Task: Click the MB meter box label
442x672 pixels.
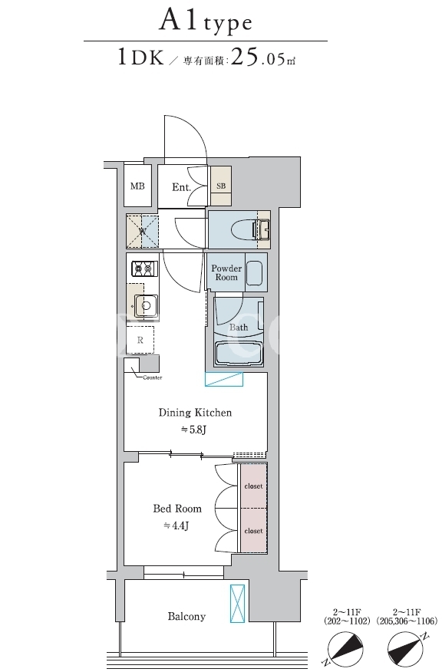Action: click(137, 186)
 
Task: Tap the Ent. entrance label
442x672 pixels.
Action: click(181, 187)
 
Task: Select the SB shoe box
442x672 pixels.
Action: click(221, 186)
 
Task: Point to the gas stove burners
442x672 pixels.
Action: click(144, 268)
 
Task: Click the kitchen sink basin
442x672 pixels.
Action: click(147, 306)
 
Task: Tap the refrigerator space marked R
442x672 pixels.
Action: click(140, 340)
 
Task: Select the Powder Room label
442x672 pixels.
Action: click(226, 272)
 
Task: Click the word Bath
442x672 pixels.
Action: click(239, 328)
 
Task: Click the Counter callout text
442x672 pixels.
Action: click(153, 377)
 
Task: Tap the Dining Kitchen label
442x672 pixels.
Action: click(195, 413)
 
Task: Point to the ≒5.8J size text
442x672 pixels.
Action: click(193, 430)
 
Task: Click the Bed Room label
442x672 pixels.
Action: click(177, 509)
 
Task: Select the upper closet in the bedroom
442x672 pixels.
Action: click(253, 486)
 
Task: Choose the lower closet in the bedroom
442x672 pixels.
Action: click(253, 531)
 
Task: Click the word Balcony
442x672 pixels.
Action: click(186, 617)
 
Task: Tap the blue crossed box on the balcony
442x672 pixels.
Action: click(237, 604)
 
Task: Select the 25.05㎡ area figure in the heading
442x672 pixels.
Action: click(263, 58)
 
